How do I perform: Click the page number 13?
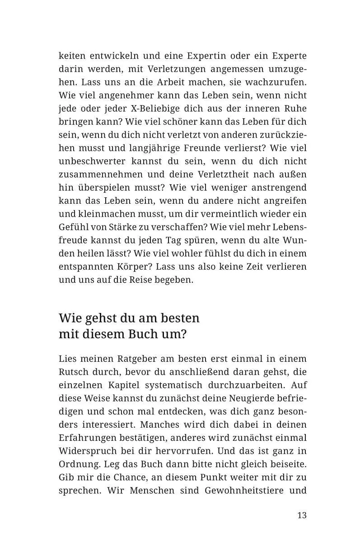click(302, 515)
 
